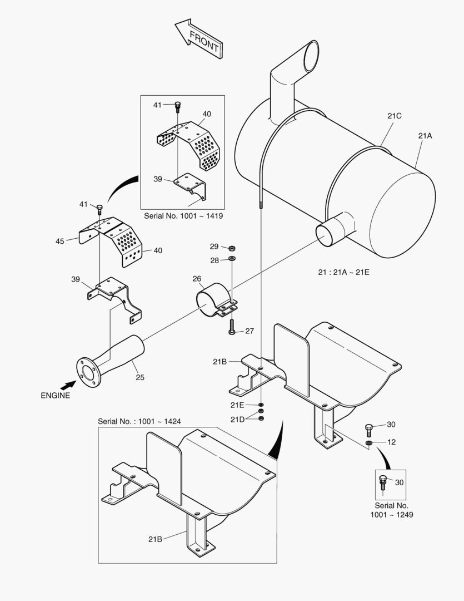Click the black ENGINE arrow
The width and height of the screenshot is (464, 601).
coord(68,384)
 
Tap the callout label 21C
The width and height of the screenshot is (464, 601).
coord(395,116)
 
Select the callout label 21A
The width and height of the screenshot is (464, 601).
coord(425,135)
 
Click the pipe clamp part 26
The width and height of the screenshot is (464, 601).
coord(214,299)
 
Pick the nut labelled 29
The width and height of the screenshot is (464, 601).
coord(231,247)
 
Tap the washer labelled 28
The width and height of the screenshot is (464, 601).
coord(231,259)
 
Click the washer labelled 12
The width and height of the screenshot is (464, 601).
coord(369,442)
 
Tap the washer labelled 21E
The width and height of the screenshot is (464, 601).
coord(261,405)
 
